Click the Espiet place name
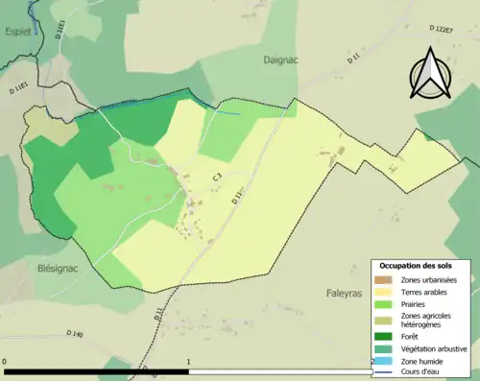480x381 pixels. tap(20, 33)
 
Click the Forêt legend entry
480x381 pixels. tap(409, 336)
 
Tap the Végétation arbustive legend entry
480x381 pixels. tap(432, 348)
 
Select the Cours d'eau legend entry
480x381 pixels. tap(420, 372)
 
